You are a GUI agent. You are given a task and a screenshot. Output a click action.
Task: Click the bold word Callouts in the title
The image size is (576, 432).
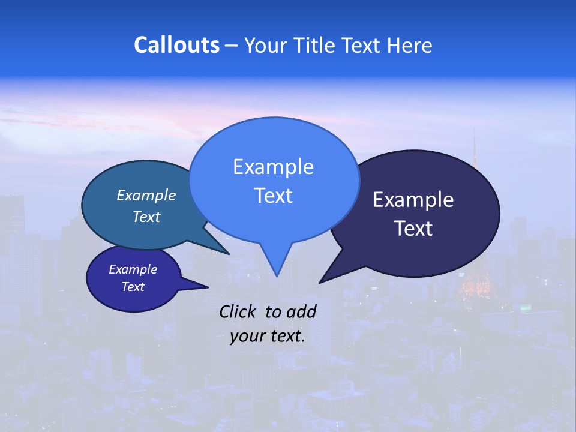(x=176, y=45)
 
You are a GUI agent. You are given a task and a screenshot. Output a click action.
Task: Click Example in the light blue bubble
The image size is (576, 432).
(x=273, y=167)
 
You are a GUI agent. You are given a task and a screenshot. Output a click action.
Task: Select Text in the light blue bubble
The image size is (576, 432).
(x=273, y=196)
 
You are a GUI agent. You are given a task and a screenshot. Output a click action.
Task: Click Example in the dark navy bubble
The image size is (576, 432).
(x=413, y=200)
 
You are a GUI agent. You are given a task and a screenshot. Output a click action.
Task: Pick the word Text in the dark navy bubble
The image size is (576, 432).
(x=413, y=229)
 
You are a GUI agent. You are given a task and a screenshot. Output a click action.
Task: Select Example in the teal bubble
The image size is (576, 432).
(x=146, y=195)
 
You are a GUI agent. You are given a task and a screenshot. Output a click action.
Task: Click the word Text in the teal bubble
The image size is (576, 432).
(x=146, y=217)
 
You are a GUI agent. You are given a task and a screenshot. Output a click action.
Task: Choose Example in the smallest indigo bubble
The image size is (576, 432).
(x=133, y=269)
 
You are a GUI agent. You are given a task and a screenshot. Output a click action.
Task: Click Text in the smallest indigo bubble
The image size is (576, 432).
(x=133, y=287)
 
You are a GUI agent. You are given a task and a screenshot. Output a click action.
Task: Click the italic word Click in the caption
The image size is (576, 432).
(x=238, y=311)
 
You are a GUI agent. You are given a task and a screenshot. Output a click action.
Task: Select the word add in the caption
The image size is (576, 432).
(x=301, y=311)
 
